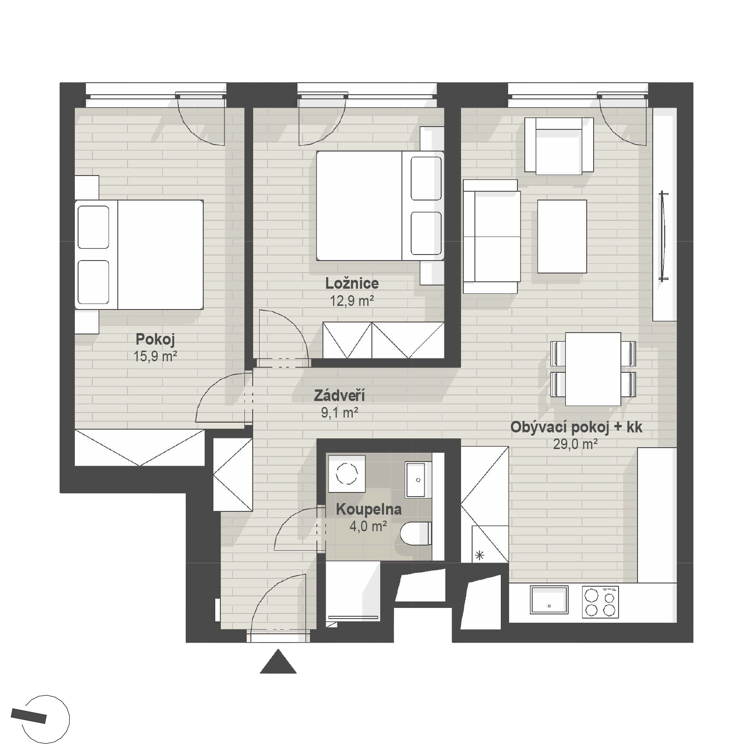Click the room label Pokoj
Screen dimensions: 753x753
click(x=155, y=340)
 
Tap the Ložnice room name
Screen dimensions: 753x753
click(x=352, y=283)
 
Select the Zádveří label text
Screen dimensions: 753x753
click(x=340, y=395)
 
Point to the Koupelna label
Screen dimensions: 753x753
click(x=369, y=510)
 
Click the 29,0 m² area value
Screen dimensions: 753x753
click(x=576, y=444)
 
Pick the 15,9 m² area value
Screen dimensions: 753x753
click(x=156, y=356)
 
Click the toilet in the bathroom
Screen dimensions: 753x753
click(x=416, y=534)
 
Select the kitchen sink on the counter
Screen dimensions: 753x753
click(x=549, y=600)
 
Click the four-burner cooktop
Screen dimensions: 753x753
click(x=600, y=602)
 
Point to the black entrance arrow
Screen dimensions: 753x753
click(x=278, y=662)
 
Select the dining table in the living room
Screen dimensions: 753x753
click(x=593, y=369)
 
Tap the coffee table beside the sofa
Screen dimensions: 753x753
click(x=562, y=236)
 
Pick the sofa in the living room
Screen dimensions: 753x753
click(x=492, y=237)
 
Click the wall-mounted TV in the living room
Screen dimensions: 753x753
click(x=664, y=236)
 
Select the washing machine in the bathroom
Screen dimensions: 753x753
click(x=346, y=473)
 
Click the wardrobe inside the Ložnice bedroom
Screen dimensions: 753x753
click(x=383, y=340)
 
